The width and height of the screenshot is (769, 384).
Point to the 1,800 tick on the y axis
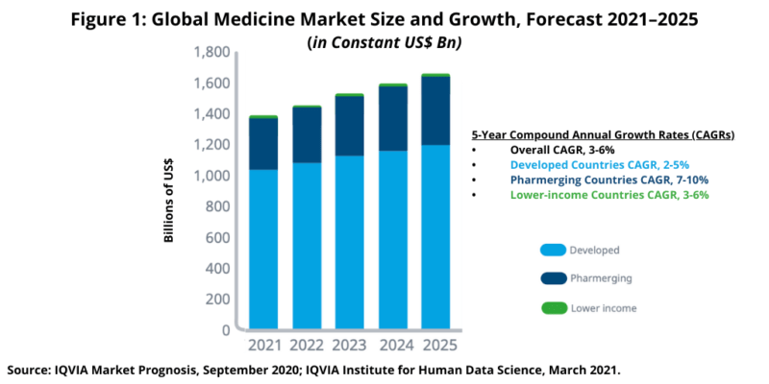pyautogui.click(x=211, y=52)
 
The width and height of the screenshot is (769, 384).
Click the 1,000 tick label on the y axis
pyautogui.click(x=211, y=176)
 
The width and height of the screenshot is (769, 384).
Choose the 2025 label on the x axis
pyautogui.click(x=436, y=345)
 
